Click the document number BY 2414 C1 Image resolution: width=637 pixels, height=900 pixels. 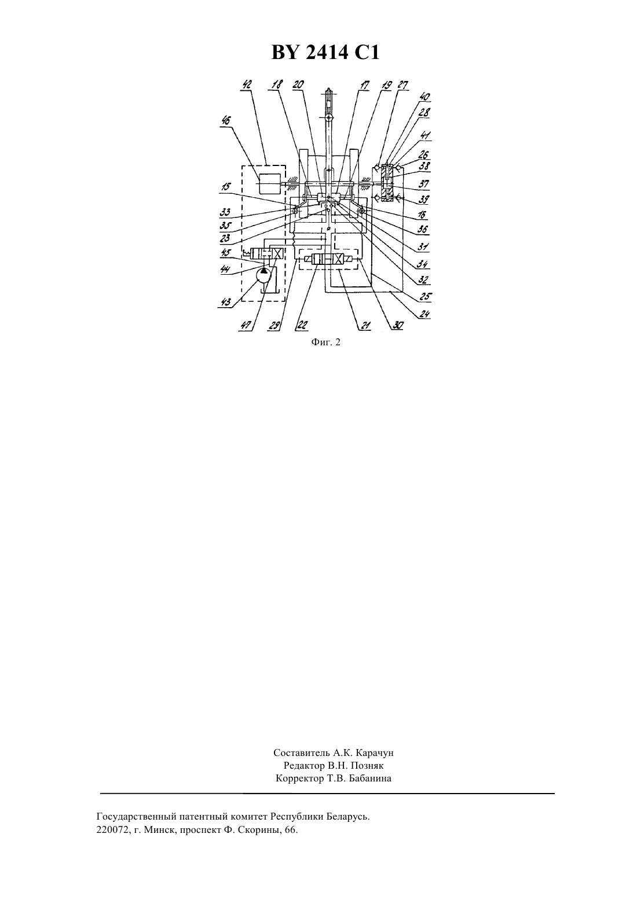[x=325, y=53]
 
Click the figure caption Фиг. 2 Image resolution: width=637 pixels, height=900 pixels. [x=325, y=342]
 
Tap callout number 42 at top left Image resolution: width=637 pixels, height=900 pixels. [x=247, y=85]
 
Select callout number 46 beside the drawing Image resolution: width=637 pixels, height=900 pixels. [x=227, y=121]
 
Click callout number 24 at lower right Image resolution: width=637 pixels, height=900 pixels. [x=424, y=314]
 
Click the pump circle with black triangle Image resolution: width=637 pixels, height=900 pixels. [x=263, y=276]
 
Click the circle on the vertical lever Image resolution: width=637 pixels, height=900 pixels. [x=329, y=118]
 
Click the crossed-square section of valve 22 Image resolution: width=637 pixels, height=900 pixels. [x=338, y=260]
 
